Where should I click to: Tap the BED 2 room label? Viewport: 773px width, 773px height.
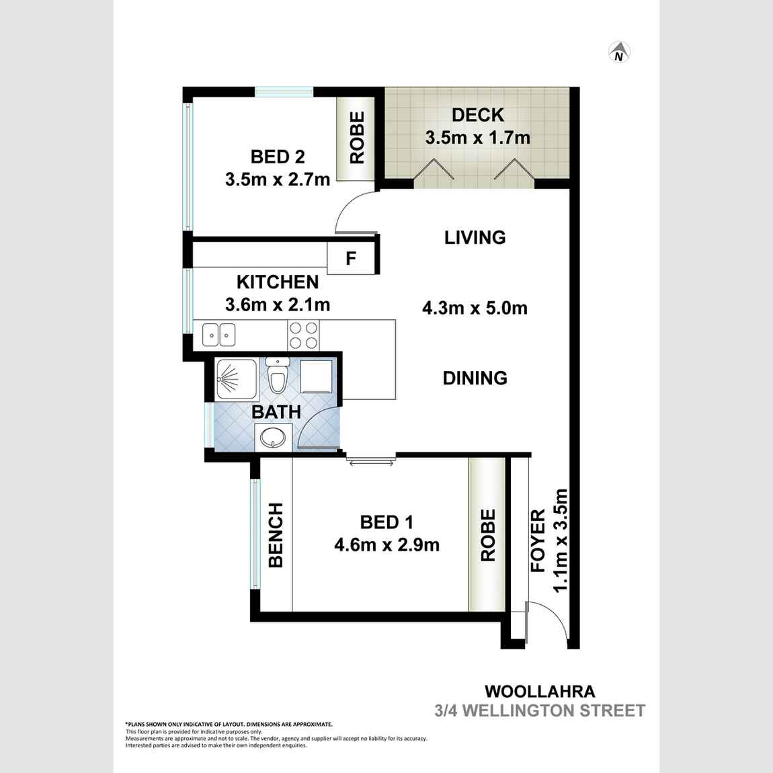(278, 157)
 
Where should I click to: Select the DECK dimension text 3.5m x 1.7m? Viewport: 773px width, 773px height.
(477, 138)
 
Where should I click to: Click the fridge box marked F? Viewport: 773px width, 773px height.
(350, 259)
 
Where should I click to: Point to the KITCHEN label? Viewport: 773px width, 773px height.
(277, 282)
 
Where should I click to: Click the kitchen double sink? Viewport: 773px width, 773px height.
(219, 333)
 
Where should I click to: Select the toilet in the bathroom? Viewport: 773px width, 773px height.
(277, 375)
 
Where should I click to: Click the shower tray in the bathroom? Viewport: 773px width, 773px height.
(236, 380)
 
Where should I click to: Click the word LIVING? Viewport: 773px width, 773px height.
(475, 237)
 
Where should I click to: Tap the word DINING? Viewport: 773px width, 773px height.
(475, 378)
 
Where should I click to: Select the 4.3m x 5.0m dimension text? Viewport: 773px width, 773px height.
(475, 309)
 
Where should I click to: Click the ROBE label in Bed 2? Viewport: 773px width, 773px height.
(357, 138)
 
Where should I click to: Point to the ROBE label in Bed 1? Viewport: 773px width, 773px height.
(487, 535)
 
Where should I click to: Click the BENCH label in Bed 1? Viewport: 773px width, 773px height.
(276, 535)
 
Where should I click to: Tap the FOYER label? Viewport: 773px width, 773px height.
(538, 540)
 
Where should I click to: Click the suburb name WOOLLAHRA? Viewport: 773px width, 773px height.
(539, 691)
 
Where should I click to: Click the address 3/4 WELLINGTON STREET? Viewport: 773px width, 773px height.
(539, 710)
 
